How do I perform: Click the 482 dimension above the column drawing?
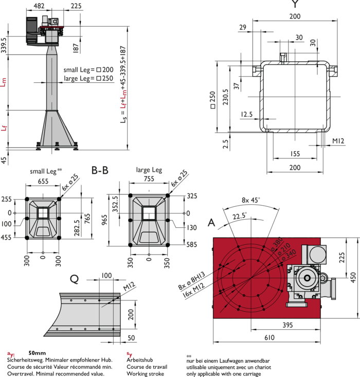tap(39, 6)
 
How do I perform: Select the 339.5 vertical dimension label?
tap(4, 45)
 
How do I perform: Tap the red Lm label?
tap(3, 82)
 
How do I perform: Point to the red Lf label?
tap(4, 128)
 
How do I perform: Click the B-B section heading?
tap(100, 170)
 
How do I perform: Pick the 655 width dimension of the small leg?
tap(43, 181)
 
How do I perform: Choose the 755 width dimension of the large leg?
tap(149, 179)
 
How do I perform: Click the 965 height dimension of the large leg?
tap(104, 220)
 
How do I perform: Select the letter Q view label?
tap(74, 279)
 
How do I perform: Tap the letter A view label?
tap(211, 223)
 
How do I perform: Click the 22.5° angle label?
tap(240, 216)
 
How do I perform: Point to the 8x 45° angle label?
tap(250, 200)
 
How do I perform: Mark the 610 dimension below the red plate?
tap(269, 337)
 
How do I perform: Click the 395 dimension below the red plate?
tap(287, 325)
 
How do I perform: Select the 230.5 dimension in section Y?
tap(225, 97)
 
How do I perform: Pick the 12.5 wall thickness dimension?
tap(247, 114)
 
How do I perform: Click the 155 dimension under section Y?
tap(295, 154)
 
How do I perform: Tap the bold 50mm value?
tap(37, 353)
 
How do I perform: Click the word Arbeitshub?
tap(140, 360)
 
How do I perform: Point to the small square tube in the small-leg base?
tap(43, 213)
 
